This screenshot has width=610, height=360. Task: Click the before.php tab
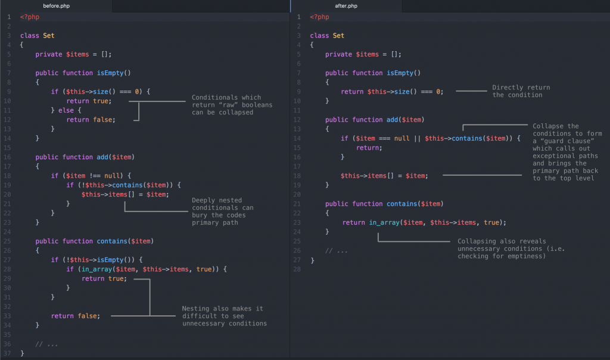(x=57, y=6)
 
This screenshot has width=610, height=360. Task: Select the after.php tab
(x=346, y=6)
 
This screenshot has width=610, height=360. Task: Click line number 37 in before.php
(x=7, y=353)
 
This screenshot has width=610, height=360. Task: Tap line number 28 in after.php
(x=297, y=269)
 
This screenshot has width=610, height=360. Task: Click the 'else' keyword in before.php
(x=66, y=110)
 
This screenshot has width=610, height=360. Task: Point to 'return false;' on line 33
(x=76, y=316)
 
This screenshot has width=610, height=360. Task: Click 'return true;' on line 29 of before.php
(x=104, y=279)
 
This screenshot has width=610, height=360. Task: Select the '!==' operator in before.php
(x=95, y=176)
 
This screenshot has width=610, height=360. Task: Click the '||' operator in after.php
(x=417, y=138)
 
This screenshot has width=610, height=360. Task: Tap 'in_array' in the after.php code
(x=384, y=223)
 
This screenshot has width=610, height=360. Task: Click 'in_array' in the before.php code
(x=97, y=269)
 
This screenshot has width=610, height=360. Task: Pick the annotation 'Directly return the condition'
(x=521, y=91)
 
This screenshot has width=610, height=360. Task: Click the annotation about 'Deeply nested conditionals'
(x=223, y=212)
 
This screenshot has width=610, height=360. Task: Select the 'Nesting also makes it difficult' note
(x=225, y=316)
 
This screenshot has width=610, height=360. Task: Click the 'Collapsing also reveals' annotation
(x=511, y=249)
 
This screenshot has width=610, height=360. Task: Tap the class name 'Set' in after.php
(x=338, y=35)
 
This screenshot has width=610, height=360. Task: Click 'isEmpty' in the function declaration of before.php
(x=110, y=73)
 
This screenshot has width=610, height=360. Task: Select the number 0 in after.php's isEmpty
(x=438, y=92)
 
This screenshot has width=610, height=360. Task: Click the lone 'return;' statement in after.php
(x=369, y=148)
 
